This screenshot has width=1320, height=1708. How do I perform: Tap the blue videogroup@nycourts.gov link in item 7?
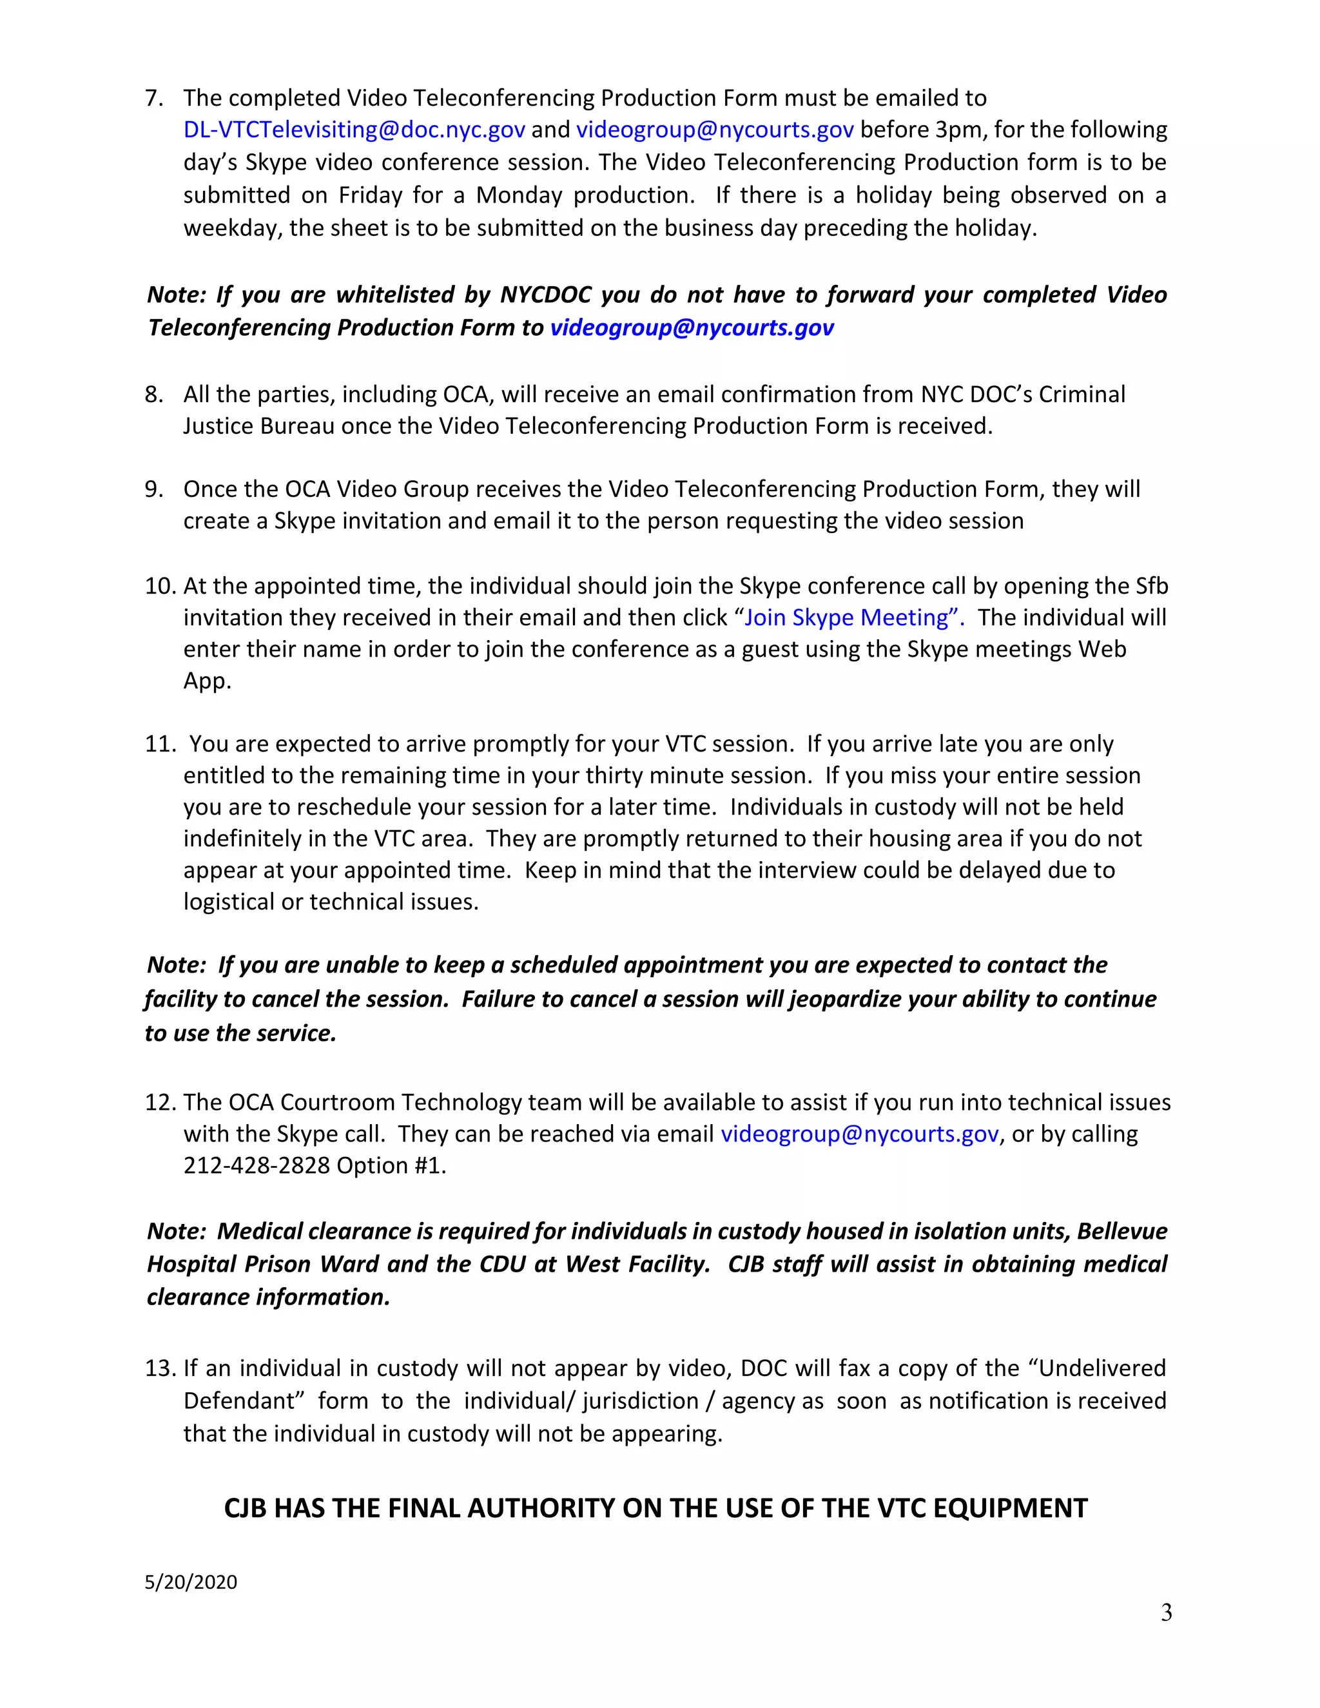pos(714,130)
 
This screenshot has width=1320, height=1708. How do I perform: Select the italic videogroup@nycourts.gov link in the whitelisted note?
pos(692,327)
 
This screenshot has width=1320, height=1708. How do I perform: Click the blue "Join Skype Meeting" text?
pos(852,618)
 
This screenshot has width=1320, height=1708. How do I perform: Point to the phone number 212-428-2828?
pos(257,1166)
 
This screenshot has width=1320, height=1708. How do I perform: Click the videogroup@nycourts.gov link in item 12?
pos(859,1134)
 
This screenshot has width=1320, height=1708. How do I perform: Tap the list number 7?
pos(153,99)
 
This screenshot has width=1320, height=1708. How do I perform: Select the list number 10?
pos(159,587)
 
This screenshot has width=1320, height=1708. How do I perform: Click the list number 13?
pos(159,1368)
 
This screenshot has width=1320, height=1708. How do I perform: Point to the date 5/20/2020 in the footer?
pos(191,1582)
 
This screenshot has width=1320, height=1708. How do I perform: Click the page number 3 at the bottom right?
pos(1166,1613)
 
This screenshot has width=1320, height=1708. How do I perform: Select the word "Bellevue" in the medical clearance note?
pos(1121,1232)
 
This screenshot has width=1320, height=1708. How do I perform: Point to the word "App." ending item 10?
pos(208,681)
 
